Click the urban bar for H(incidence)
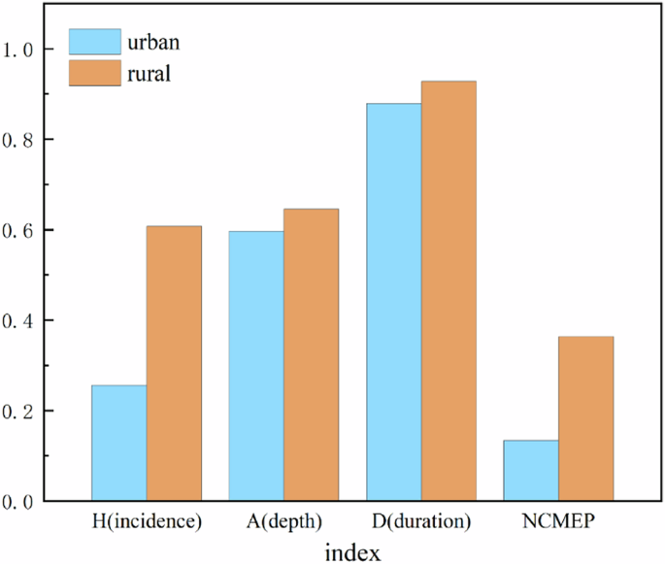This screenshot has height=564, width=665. [x=118, y=443]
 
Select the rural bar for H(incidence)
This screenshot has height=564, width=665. [x=174, y=363]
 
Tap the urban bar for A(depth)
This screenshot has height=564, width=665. [x=256, y=366]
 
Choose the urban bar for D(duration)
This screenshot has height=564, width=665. [x=394, y=302]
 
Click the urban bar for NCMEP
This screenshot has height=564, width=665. [x=531, y=470]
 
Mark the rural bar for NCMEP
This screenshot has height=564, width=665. [x=585, y=418]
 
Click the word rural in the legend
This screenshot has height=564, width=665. [x=149, y=73]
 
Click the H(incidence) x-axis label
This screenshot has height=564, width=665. [x=146, y=521]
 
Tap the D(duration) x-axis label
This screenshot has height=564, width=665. [x=421, y=521]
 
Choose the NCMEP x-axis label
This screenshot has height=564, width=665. [x=558, y=521]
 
